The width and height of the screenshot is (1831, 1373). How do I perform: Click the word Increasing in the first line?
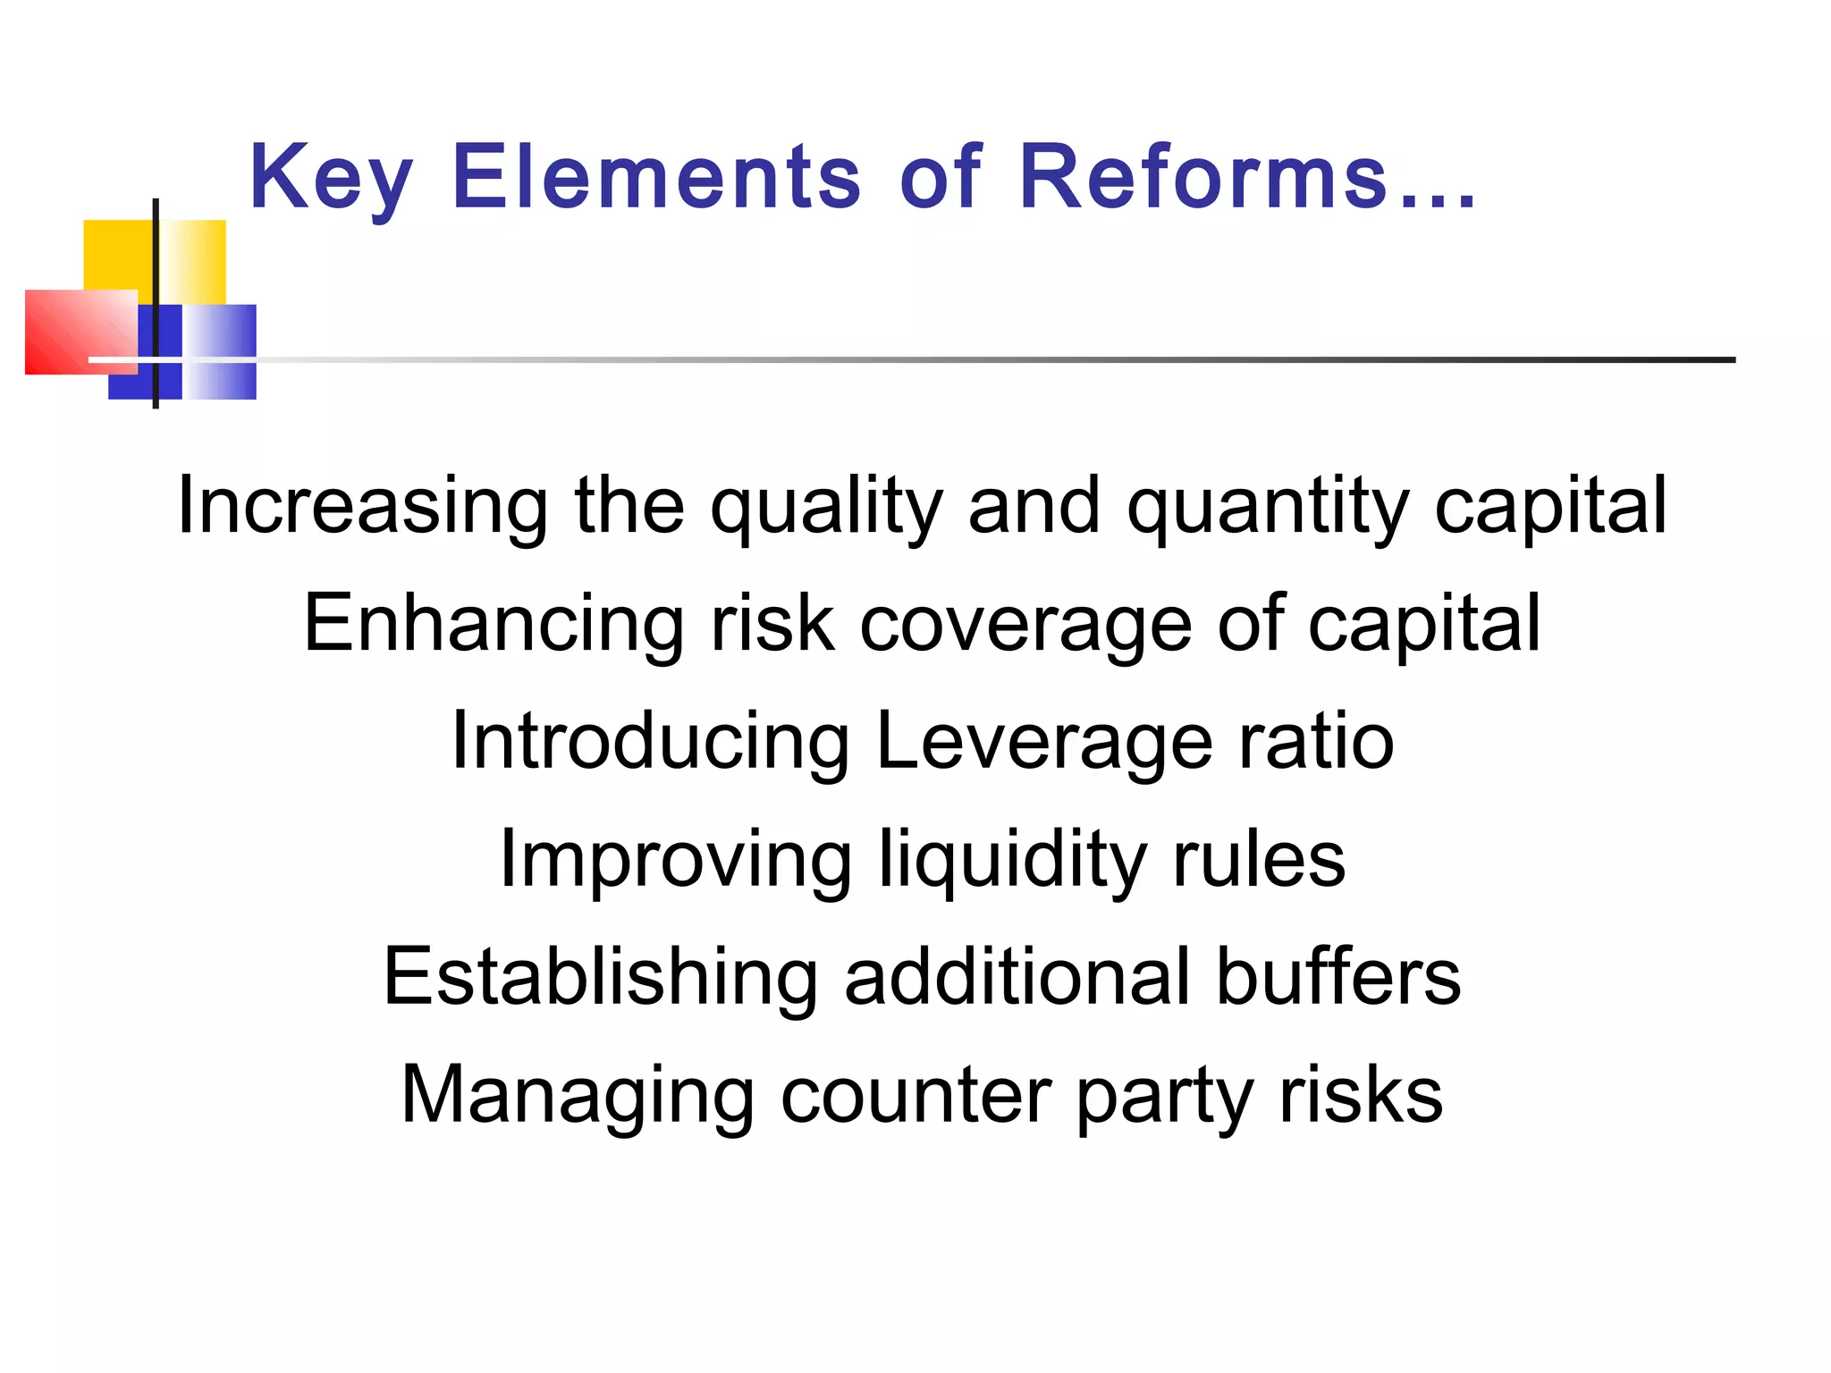tap(362, 506)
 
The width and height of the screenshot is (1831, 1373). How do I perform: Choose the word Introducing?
tap(650, 741)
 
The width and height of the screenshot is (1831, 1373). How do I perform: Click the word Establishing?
tap(600, 977)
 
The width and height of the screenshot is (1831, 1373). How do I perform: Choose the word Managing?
tap(577, 1095)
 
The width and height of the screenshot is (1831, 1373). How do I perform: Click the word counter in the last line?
tap(915, 1095)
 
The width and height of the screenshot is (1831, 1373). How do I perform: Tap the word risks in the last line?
tap(1361, 1095)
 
